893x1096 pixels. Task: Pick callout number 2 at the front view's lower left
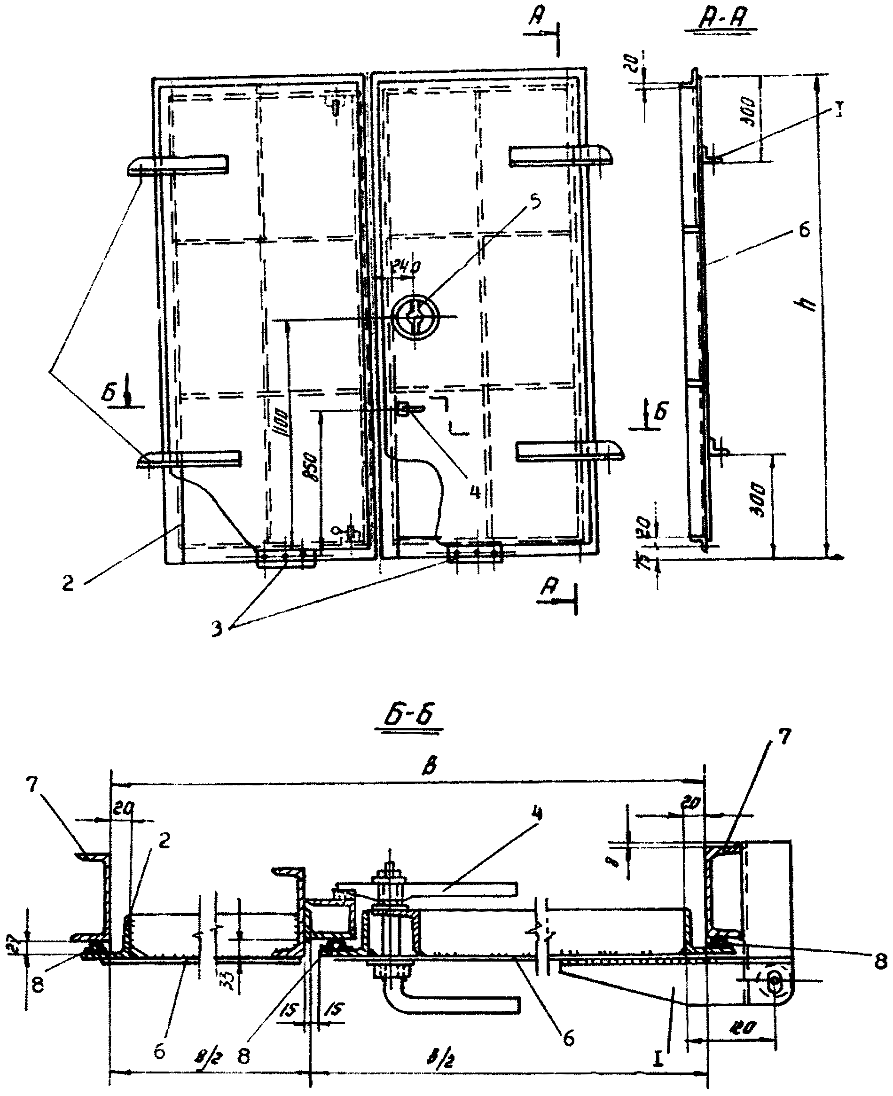click(68, 583)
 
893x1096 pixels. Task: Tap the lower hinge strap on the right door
click(571, 450)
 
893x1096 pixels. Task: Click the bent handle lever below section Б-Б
click(453, 1003)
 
